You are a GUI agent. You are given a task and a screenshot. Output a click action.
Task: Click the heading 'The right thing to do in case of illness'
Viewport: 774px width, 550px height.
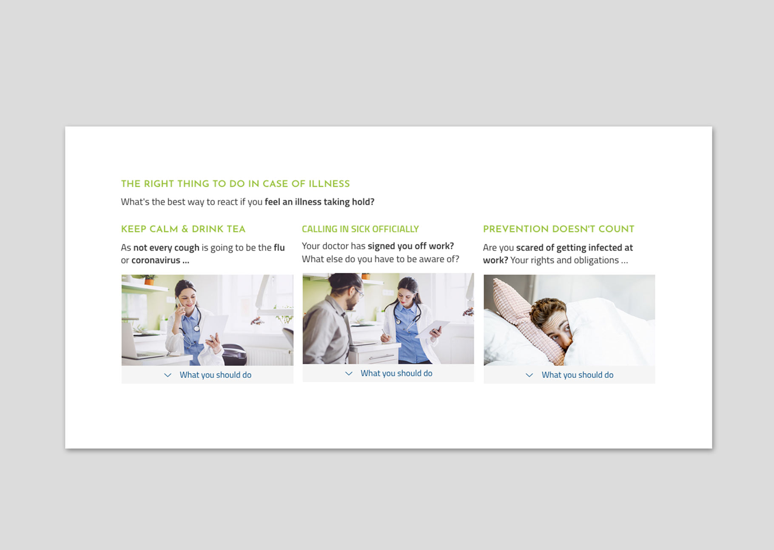pos(235,184)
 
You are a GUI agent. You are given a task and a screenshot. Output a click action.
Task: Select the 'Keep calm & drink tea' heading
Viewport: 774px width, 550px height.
pos(183,229)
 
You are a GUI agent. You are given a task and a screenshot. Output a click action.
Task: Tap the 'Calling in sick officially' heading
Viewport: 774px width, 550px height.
pos(360,229)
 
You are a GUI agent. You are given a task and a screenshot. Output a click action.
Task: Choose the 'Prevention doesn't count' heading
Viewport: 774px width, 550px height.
pos(558,229)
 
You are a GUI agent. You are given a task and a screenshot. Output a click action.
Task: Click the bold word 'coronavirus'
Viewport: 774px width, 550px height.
pos(156,260)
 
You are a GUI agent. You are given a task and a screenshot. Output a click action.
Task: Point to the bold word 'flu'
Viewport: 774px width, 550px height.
pos(279,247)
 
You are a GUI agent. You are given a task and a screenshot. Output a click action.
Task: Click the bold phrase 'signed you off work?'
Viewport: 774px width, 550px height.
pos(411,246)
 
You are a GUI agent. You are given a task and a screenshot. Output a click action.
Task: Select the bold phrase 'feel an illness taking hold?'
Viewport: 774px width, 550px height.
pos(319,202)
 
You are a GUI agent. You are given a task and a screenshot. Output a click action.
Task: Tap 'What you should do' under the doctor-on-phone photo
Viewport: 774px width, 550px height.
pos(215,375)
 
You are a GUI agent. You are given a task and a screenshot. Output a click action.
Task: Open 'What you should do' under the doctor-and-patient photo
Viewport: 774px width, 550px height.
pos(396,373)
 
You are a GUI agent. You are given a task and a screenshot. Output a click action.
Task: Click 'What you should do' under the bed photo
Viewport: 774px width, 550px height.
pos(578,375)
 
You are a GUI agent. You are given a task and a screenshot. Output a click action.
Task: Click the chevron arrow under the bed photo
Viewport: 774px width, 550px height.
pos(529,375)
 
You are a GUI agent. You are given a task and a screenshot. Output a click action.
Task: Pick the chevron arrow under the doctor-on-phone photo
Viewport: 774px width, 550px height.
pos(168,375)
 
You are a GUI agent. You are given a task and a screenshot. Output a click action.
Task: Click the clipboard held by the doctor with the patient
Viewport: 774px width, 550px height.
pos(433,329)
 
